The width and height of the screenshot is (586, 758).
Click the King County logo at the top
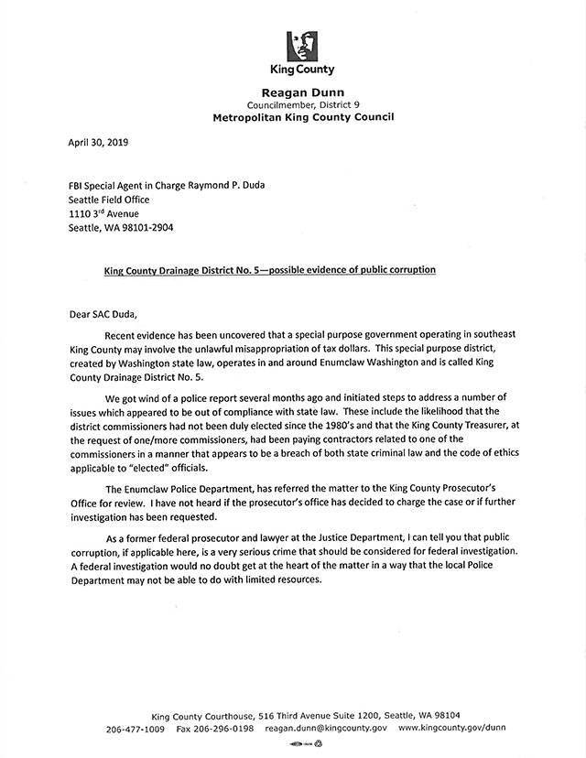[302, 45]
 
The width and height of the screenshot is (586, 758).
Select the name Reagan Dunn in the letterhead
[302, 92]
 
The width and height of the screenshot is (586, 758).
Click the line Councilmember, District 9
[302, 105]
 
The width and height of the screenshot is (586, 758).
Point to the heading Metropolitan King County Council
[302, 118]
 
